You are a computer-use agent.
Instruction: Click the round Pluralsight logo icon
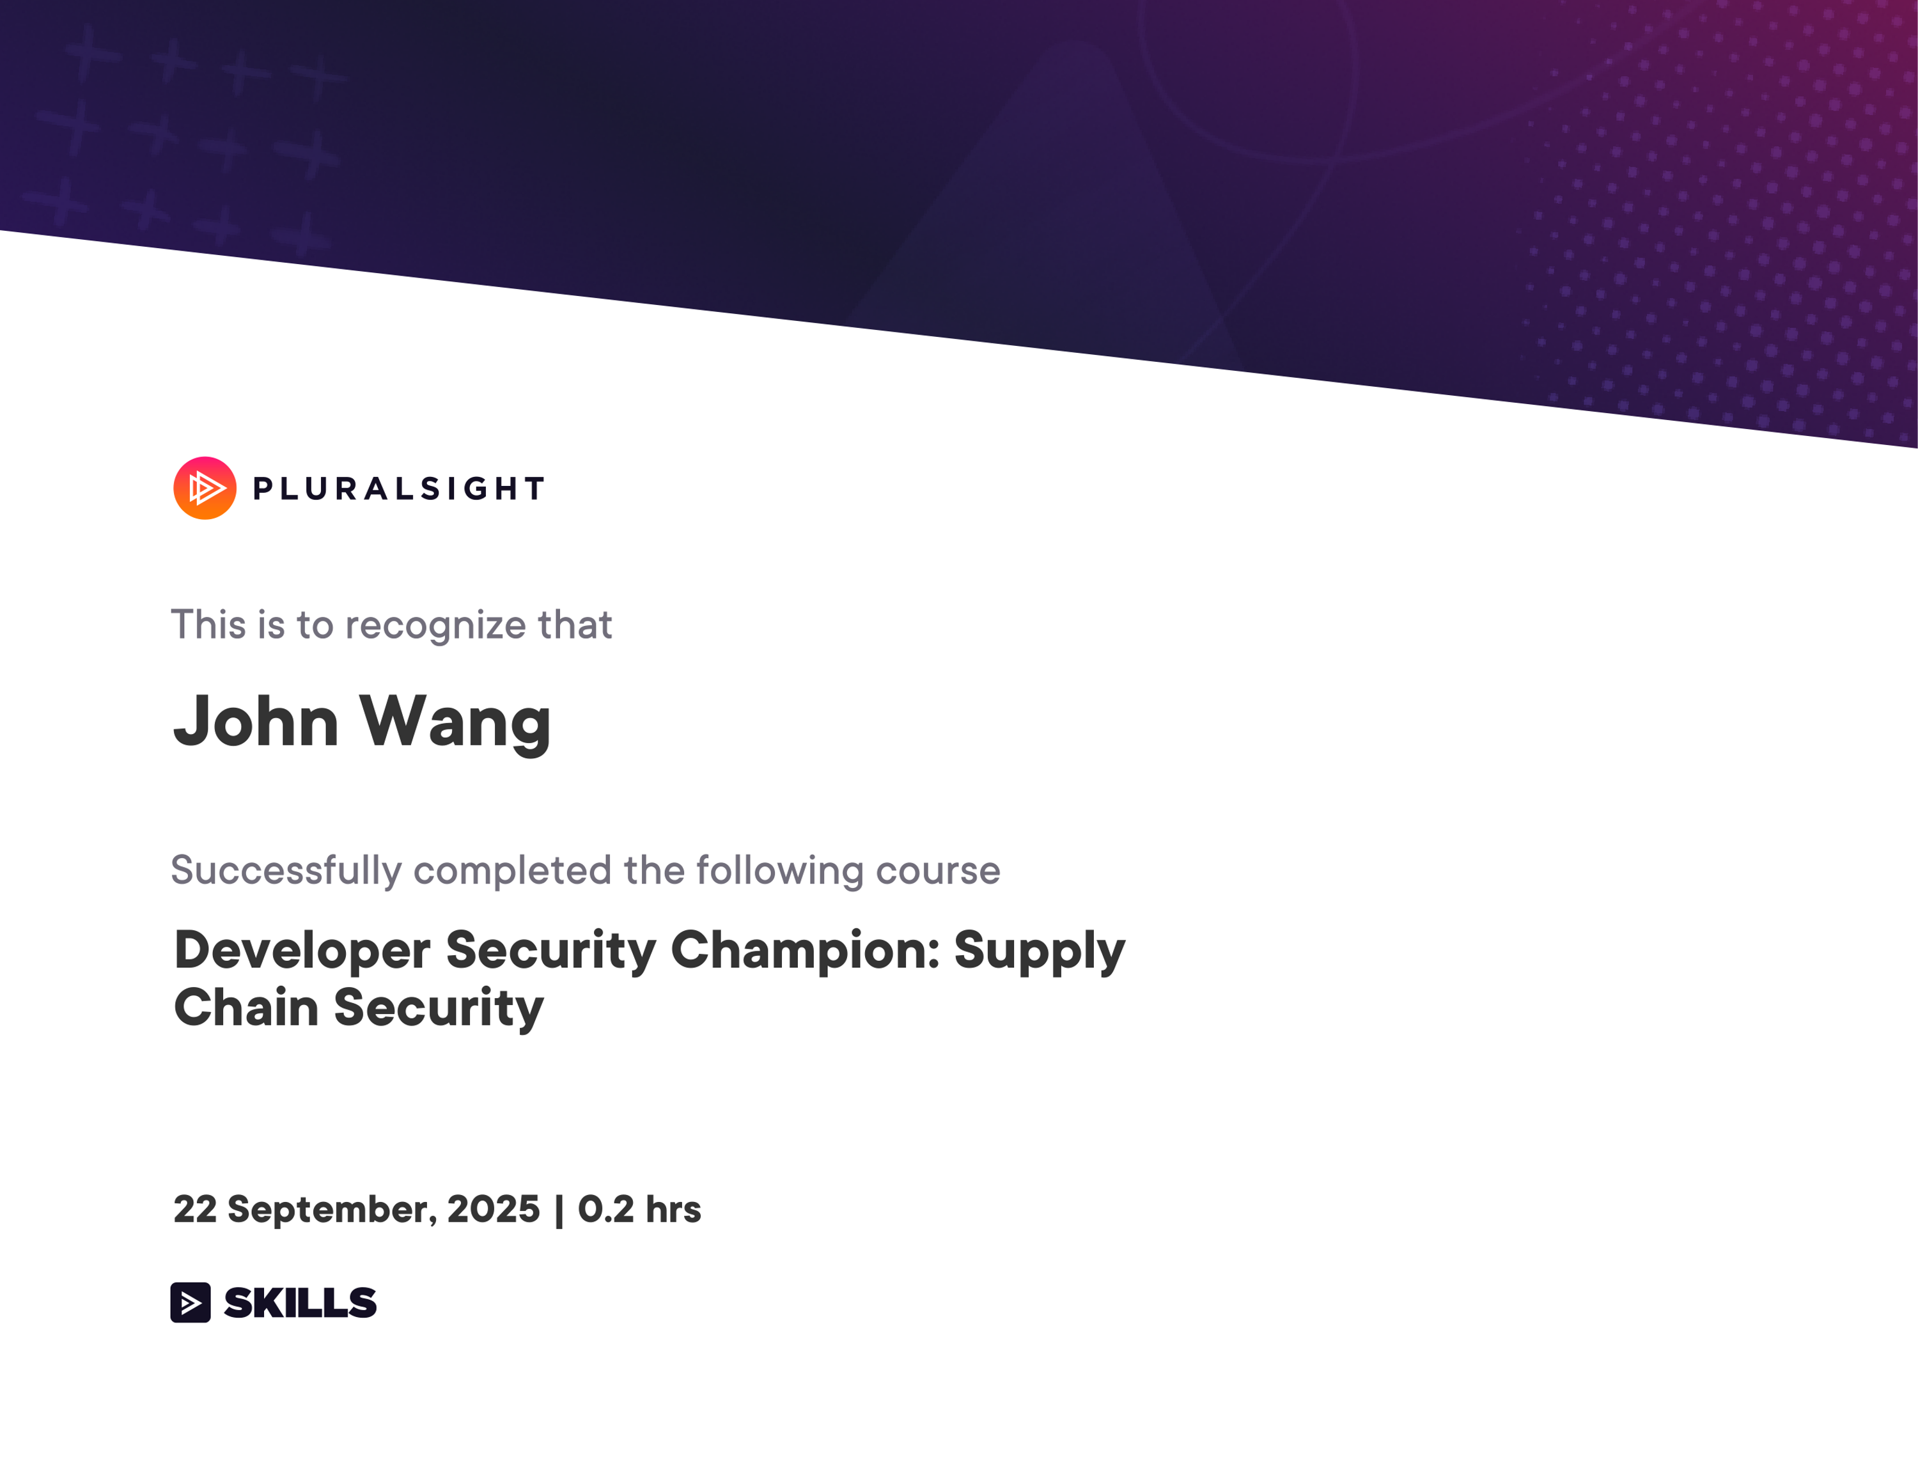[x=205, y=488]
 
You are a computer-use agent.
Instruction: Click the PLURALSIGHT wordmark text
[x=400, y=489]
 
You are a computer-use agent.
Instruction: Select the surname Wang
[x=455, y=722]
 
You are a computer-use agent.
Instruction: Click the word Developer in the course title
[x=302, y=951]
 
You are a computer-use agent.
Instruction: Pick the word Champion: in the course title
[x=806, y=951]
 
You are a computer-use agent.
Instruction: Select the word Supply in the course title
[x=1039, y=951]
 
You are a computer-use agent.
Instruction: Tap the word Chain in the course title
[x=246, y=1007]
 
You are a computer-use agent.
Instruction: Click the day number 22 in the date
[x=195, y=1209]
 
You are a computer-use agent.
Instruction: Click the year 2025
[x=494, y=1209]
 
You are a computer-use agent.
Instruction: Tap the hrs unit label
[x=674, y=1209]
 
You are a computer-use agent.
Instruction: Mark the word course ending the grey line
[x=938, y=871]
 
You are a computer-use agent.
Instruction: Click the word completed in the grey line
[x=512, y=871]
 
